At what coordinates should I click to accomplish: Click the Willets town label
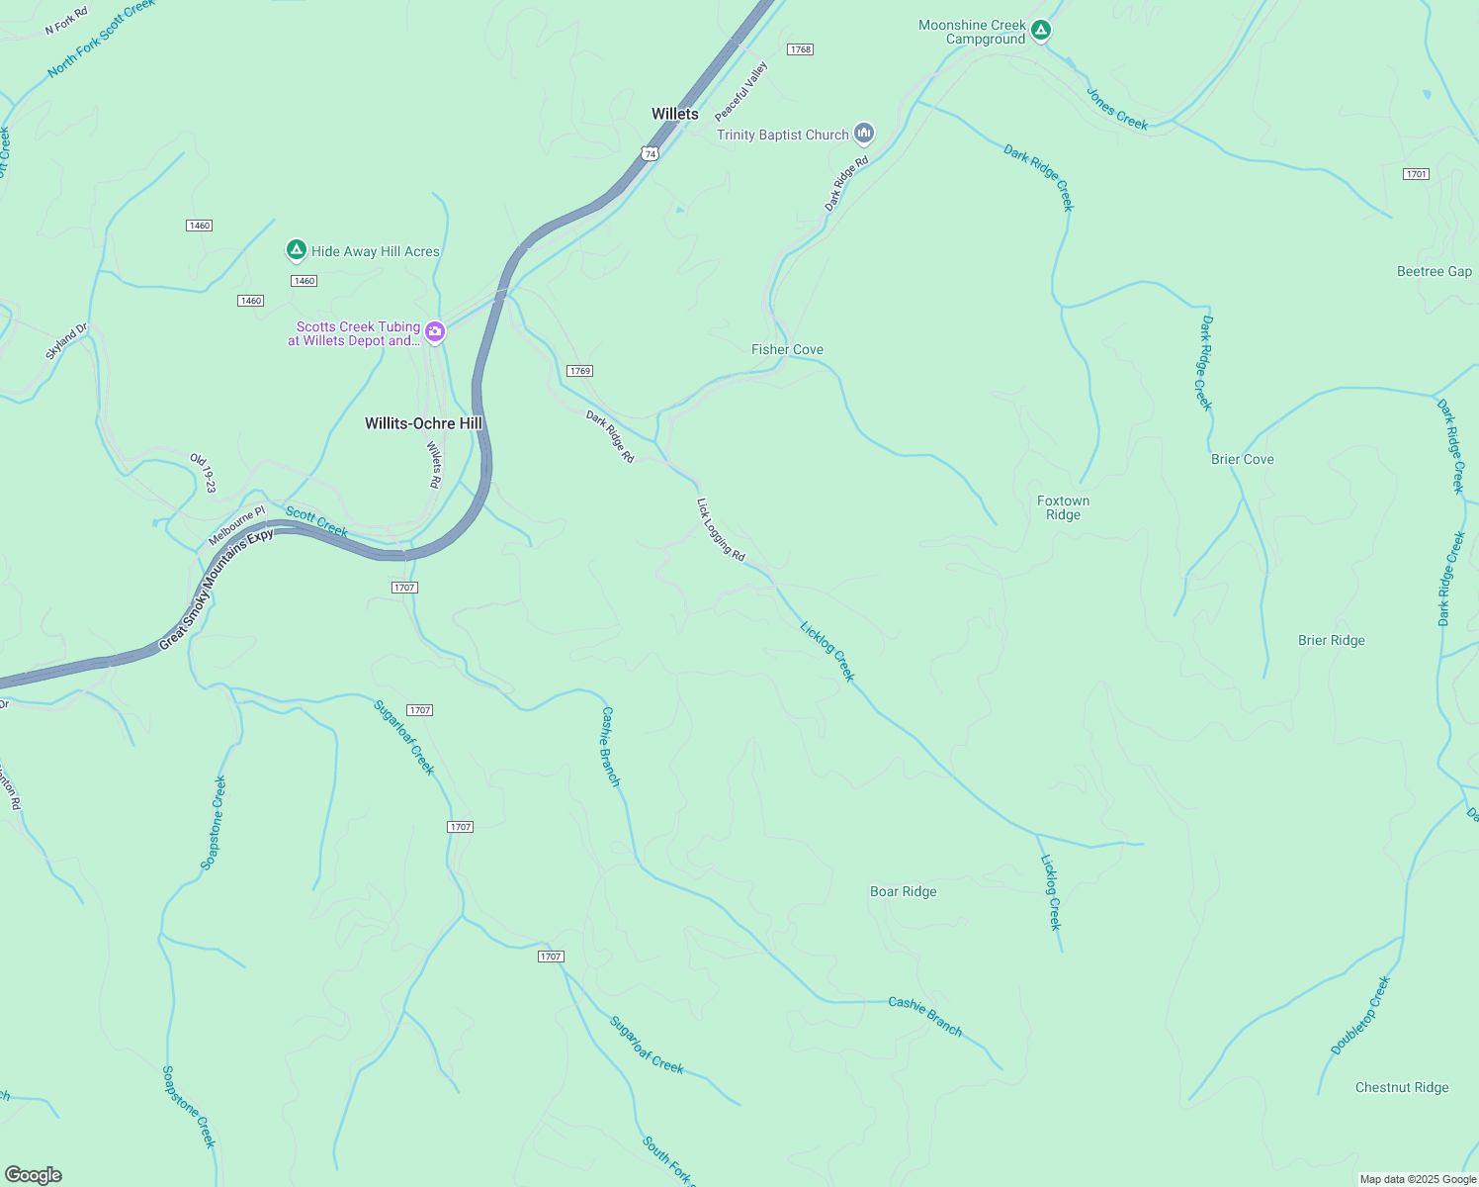click(x=674, y=114)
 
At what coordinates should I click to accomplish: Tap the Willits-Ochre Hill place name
click(x=423, y=423)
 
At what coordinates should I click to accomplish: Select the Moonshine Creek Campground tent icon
click(x=1040, y=31)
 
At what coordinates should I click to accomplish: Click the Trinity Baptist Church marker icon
click(x=864, y=134)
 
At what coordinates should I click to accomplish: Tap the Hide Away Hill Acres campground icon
click(x=296, y=250)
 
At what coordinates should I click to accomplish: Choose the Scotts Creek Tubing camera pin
click(x=435, y=332)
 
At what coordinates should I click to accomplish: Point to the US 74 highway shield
click(x=649, y=153)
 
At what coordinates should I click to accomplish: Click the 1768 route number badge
click(x=800, y=49)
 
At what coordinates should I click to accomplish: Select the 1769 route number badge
click(x=579, y=371)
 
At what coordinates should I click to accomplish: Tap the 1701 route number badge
click(x=1416, y=174)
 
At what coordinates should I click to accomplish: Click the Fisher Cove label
click(x=787, y=349)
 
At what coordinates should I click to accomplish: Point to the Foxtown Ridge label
click(x=1063, y=507)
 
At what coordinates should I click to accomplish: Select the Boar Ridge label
click(x=903, y=891)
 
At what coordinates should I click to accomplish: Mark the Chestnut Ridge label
click(x=1401, y=1087)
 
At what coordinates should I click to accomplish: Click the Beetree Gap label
click(x=1434, y=271)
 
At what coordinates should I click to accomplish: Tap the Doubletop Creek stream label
click(x=1360, y=1016)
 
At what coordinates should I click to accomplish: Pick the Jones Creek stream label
click(x=1117, y=109)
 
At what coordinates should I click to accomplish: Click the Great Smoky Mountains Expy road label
click(x=216, y=590)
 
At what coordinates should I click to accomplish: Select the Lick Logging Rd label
click(x=721, y=529)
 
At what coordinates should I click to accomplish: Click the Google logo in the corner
click(x=34, y=1174)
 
